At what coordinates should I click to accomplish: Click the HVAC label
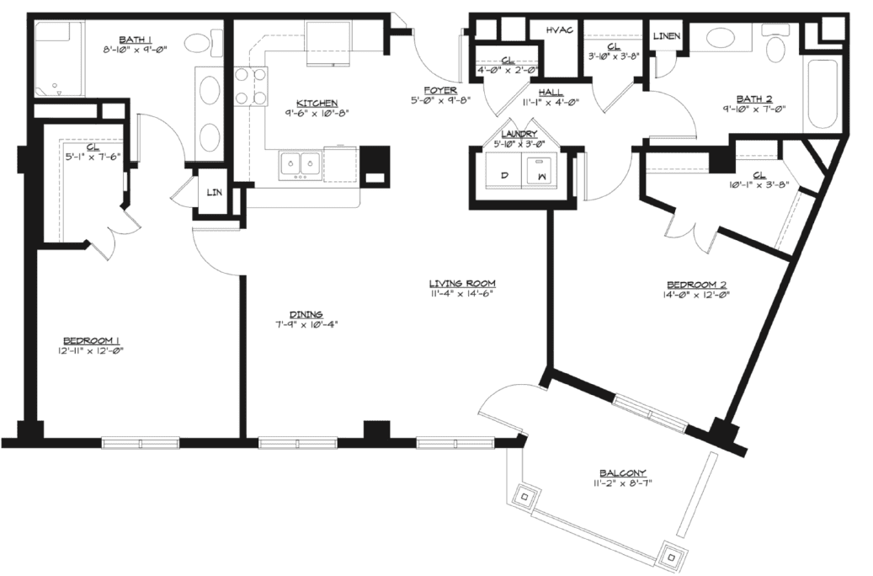(x=560, y=29)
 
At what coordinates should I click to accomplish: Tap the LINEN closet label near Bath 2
(x=667, y=36)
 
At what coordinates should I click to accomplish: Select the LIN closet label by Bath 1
(x=215, y=193)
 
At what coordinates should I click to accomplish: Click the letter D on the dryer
(x=504, y=175)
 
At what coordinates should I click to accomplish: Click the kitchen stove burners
(x=250, y=86)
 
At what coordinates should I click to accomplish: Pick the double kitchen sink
(x=300, y=165)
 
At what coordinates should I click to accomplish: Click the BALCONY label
(x=622, y=473)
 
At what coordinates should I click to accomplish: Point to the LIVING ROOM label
(x=463, y=284)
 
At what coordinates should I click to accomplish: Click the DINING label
(x=306, y=315)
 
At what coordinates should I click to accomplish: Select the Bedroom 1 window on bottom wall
(x=141, y=443)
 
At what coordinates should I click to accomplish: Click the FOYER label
(x=440, y=90)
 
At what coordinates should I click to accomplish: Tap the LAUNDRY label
(x=519, y=134)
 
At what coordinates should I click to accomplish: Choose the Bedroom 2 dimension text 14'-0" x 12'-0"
(x=696, y=295)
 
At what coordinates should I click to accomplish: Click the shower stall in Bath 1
(x=59, y=59)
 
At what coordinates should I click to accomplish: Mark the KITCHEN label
(x=317, y=103)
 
